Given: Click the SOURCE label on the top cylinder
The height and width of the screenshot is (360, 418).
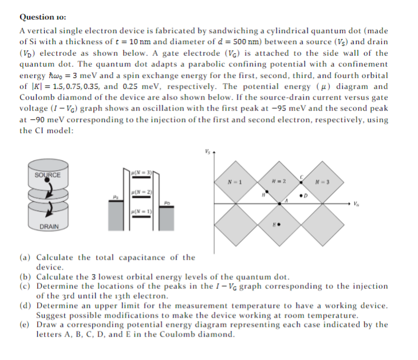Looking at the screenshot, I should pos(47,175).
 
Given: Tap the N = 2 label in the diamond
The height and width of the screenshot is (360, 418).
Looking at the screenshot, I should pos(280,183).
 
